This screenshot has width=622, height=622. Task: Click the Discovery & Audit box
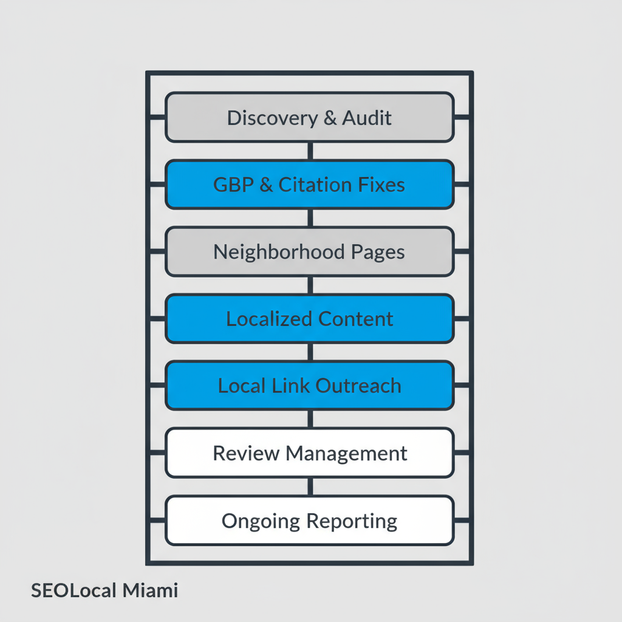(x=310, y=117)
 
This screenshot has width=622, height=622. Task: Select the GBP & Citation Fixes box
(x=310, y=185)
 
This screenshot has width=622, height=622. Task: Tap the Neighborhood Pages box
(x=310, y=251)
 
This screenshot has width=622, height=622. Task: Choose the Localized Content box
(x=310, y=319)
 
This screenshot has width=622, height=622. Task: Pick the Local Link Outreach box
(x=310, y=386)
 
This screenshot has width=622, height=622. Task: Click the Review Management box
(x=310, y=453)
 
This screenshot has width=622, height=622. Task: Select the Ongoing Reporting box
(x=310, y=521)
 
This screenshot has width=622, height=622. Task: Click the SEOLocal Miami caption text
(x=104, y=590)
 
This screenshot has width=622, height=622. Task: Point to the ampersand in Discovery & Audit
(x=330, y=118)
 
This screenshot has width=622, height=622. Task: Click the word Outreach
(x=362, y=386)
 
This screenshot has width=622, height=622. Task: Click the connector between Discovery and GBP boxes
(x=310, y=151)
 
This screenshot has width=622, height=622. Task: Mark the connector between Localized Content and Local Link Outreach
(x=310, y=352)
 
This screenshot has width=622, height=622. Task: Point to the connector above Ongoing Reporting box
(x=310, y=487)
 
